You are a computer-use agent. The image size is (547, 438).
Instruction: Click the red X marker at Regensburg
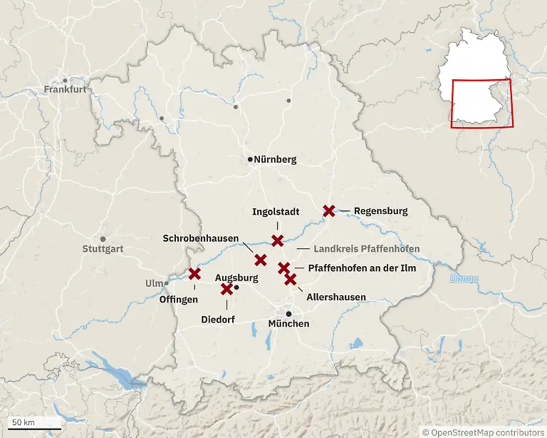click(x=328, y=210)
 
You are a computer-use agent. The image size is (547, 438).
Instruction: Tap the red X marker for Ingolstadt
click(x=277, y=240)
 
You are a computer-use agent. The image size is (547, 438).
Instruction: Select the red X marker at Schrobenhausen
click(x=261, y=260)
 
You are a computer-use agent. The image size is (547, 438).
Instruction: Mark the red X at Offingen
click(x=194, y=273)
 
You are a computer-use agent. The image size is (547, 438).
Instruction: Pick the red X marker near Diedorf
click(x=227, y=289)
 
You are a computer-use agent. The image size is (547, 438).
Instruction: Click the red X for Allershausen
click(x=291, y=279)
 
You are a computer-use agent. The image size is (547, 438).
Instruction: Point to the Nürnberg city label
click(x=276, y=160)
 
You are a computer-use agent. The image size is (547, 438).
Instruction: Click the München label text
click(x=288, y=324)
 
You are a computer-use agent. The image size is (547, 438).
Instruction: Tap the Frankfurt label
click(x=65, y=90)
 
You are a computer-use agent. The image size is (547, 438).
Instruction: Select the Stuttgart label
click(x=103, y=250)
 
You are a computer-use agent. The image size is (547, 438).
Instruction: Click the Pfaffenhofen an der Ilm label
click(x=363, y=268)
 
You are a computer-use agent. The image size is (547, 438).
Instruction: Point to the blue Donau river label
click(x=464, y=278)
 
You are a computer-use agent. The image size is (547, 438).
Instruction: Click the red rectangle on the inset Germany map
click(x=481, y=103)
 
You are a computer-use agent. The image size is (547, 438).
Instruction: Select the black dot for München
click(x=288, y=314)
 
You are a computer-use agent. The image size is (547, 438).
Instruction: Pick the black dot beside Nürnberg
click(x=250, y=159)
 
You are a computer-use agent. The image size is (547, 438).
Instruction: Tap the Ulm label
click(x=154, y=283)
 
